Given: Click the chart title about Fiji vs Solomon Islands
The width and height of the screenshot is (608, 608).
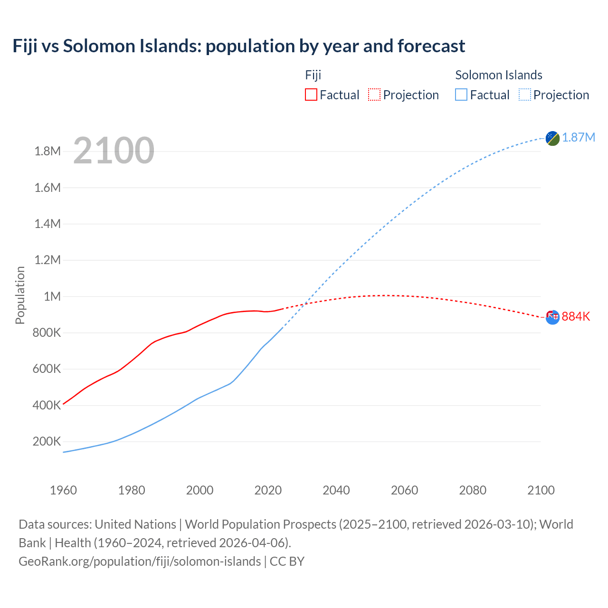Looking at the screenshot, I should pyautogui.click(x=238, y=46).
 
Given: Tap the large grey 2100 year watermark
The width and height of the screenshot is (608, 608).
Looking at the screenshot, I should pyautogui.click(x=114, y=151).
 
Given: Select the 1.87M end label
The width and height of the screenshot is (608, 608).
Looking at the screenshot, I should pyautogui.click(x=578, y=138).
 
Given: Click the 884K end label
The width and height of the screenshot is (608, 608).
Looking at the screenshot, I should pyautogui.click(x=576, y=317).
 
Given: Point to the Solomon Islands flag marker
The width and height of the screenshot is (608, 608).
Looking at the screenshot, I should pyautogui.click(x=552, y=138).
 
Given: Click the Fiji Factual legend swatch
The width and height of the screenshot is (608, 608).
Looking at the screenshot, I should pyautogui.click(x=311, y=95).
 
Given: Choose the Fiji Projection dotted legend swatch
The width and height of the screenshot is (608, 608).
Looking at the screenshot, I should pyautogui.click(x=374, y=95).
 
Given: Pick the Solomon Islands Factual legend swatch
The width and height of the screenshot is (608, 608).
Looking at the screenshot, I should pyautogui.click(x=461, y=95).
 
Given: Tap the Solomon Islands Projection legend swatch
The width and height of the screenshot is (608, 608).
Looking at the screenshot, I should pyautogui.click(x=524, y=95).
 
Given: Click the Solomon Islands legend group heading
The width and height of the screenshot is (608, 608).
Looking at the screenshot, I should pyautogui.click(x=498, y=75).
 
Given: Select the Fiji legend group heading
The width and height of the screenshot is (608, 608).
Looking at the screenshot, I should pyautogui.click(x=313, y=75).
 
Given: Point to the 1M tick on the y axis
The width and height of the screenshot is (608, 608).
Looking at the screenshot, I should pyautogui.click(x=52, y=296).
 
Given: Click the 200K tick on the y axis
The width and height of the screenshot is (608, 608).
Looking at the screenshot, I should pyautogui.click(x=47, y=441).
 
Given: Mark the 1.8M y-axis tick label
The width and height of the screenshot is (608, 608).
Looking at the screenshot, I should pyautogui.click(x=47, y=152).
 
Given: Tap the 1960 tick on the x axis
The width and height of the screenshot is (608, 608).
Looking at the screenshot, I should pyautogui.click(x=63, y=490).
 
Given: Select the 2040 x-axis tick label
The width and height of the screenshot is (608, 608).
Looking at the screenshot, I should pyautogui.click(x=336, y=490).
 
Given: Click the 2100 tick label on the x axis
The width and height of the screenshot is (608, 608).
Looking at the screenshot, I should pyautogui.click(x=541, y=490).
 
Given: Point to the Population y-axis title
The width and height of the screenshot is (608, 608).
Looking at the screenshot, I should pyautogui.click(x=20, y=295).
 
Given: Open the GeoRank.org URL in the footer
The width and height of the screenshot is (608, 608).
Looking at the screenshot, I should pyautogui.click(x=140, y=561).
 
